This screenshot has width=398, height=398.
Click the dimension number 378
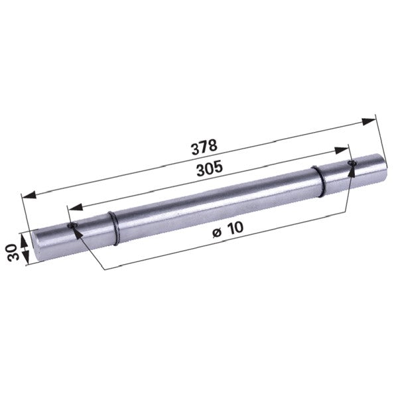coord(204,147)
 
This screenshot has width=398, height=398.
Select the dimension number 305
coord(210,168)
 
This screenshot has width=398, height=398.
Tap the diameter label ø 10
coord(228,230)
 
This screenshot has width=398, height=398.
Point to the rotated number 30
coord(13,252)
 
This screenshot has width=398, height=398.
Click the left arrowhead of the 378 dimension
coord(29,195)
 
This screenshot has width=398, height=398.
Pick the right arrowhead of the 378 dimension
coord(369,121)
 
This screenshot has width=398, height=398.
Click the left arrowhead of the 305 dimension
coord(76,207)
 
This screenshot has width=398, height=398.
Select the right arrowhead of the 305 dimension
coord(342,151)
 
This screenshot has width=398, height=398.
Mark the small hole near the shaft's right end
coord(352,163)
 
